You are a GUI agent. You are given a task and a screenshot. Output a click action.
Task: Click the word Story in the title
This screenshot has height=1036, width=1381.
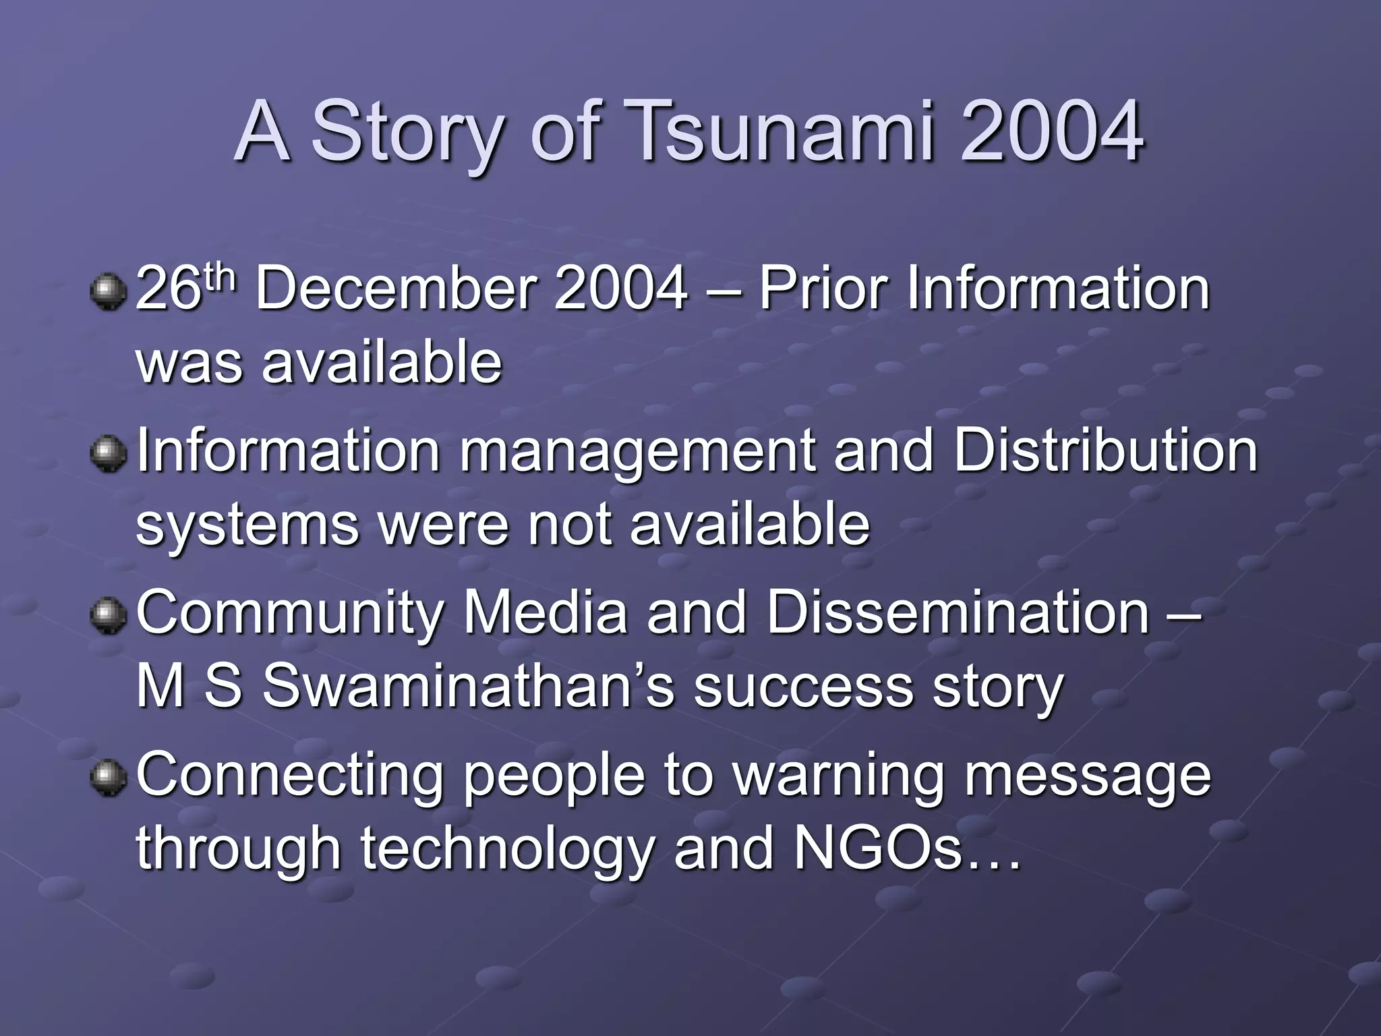[x=405, y=133]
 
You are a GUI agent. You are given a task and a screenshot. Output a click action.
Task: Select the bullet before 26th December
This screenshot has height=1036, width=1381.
[x=108, y=291]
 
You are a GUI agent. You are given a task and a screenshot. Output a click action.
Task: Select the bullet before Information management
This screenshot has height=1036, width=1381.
[x=108, y=453]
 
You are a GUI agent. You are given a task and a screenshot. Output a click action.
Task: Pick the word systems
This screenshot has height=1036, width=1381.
[x=246, y=526]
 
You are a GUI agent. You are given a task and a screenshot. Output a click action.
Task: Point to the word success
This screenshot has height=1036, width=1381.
[x=802, y=689]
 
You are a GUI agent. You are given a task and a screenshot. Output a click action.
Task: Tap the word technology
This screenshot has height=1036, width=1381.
[x=506, y=850]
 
